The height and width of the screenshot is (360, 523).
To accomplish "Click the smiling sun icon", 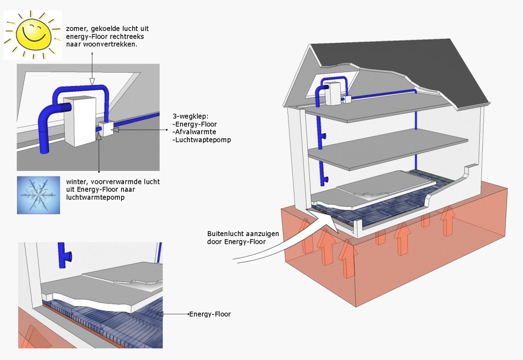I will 33,34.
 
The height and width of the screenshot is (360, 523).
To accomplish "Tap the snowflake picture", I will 38,195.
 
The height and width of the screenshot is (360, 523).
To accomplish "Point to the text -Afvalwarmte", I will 193,132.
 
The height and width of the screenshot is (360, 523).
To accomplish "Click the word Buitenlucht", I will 225,234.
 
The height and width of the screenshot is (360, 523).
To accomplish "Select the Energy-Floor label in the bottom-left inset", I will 210,314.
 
